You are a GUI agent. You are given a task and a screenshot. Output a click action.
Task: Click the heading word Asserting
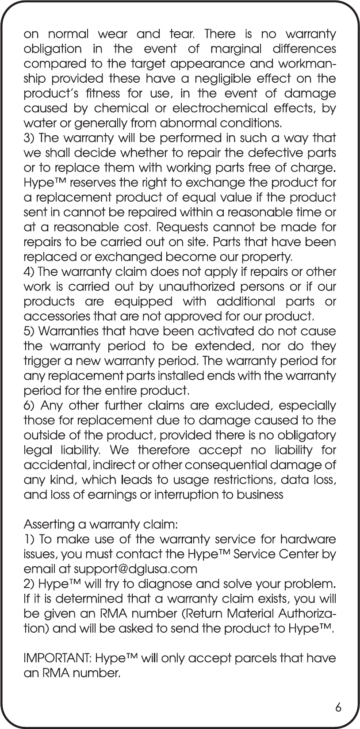pos(48,525)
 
